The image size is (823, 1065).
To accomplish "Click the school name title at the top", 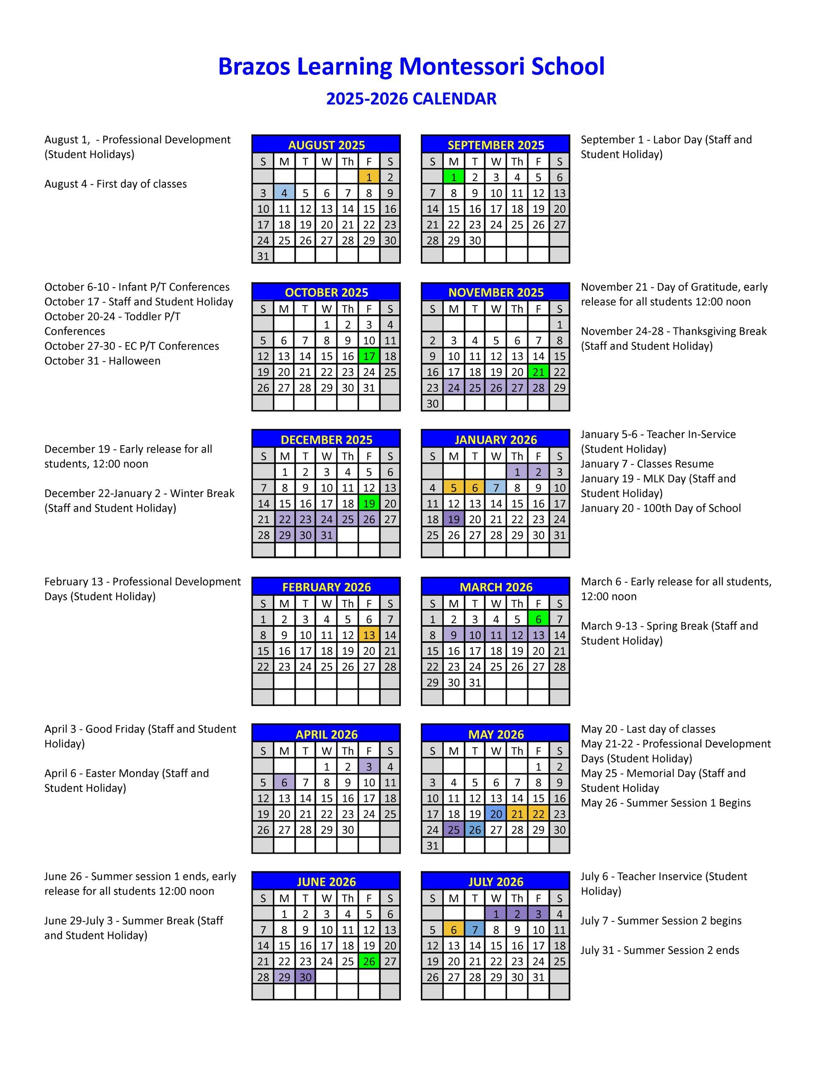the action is click(x=411, y=66).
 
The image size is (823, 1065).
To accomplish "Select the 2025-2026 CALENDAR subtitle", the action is click(x=411, y=99).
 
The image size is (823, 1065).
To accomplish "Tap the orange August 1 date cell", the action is click(x=369, y=177).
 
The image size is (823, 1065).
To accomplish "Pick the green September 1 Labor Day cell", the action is click(x=454, y=177).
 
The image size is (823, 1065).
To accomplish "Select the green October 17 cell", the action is click(x=369, y=357).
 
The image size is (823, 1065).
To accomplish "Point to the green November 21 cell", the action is click(x=538, y=372).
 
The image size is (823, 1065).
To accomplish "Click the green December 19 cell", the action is click(x=369, y=504).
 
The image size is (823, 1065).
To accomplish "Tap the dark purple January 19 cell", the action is click(x=454, y=519).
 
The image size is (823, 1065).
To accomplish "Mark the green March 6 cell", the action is click(x=538, y=619).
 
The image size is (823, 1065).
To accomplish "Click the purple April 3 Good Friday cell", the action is click(x=369, y=767).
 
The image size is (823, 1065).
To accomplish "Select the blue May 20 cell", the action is click(x=496, y=814).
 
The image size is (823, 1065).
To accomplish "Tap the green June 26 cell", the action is click(x=369, y=961).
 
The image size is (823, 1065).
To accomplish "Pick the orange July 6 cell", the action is click(x=454, y=930).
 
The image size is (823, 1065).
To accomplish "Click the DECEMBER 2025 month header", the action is click(x=326, y=440).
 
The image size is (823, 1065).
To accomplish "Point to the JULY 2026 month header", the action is click(x=496, y=882).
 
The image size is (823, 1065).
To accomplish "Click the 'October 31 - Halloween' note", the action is click(x=102, y=361).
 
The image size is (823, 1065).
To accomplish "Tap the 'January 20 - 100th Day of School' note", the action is click(x=661, y=508).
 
